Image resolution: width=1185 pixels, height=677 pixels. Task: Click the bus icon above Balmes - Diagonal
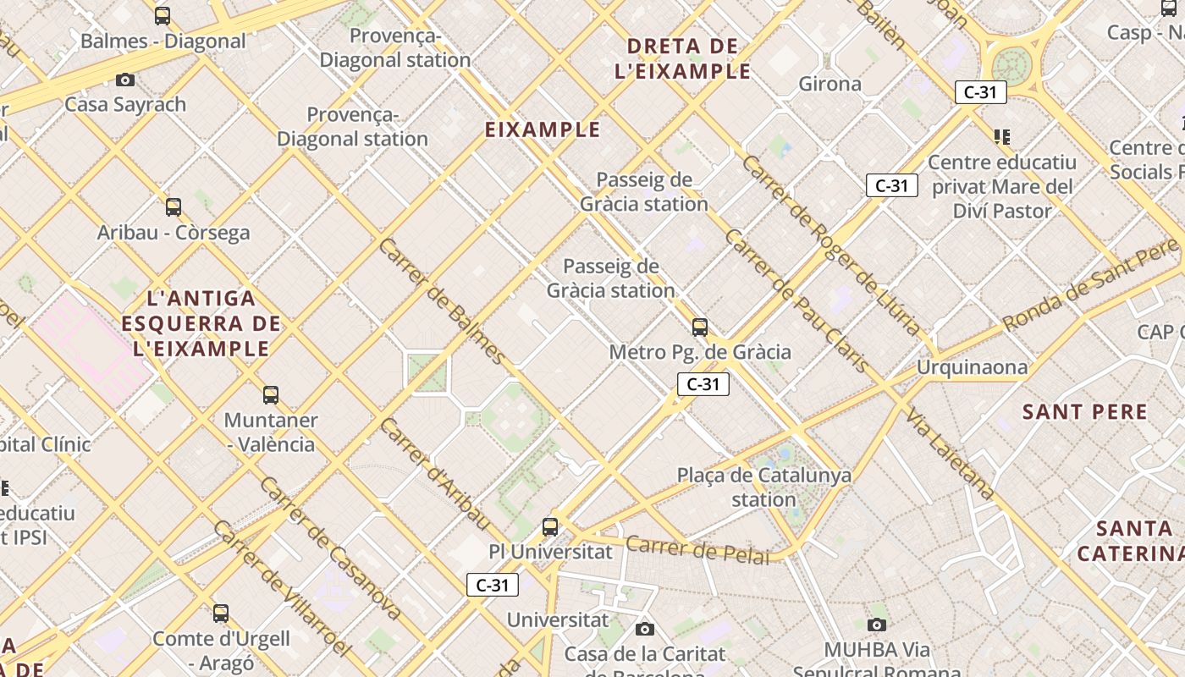[x=163, y=16]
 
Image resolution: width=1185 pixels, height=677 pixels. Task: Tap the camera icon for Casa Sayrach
[x=125, y=80]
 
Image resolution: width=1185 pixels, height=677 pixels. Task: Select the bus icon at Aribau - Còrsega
[x=174, y=207]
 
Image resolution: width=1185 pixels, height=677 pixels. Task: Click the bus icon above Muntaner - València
[x=271, y=395]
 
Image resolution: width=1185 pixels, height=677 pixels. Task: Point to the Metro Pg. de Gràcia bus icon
[x=700, y=327]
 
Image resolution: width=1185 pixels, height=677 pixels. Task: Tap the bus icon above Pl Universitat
[x=550, y=527]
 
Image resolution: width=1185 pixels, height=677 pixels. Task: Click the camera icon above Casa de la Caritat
[x=645, y=629]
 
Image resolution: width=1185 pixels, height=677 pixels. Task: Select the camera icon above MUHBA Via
[x=877, y=625]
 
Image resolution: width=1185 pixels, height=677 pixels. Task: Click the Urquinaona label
[x=973, y=367]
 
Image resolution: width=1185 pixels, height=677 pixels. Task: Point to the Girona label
[x=830, y=84]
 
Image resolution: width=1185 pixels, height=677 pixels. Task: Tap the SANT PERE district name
[x=1085, y=412]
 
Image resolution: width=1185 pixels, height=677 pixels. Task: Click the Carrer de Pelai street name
[x=698, y=550]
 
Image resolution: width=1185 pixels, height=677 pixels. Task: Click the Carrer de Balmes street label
[x=442, y=301]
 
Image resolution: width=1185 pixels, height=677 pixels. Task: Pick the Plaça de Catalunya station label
[x=764, y=487]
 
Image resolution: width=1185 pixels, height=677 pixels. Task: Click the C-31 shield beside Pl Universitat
[x=493, y=585]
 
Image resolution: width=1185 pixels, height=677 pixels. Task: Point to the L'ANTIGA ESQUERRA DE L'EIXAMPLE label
[x=201, y=323]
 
